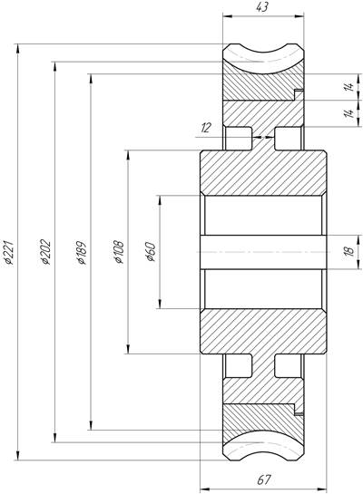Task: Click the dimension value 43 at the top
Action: [x=262, y=7]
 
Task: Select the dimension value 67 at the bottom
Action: [x=264, y=480]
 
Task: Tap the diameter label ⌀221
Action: [x=9, y=252]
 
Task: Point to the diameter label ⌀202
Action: [x=45, y=252]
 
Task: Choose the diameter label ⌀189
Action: [x=82, y=252]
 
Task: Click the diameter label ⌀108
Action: [x=119, y=252]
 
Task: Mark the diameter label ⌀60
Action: [x=151, y=252]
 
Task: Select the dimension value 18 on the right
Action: [x=350, y=252]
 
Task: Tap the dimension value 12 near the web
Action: [x=205, y=128]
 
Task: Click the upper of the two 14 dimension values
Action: [x=348, y=87]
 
